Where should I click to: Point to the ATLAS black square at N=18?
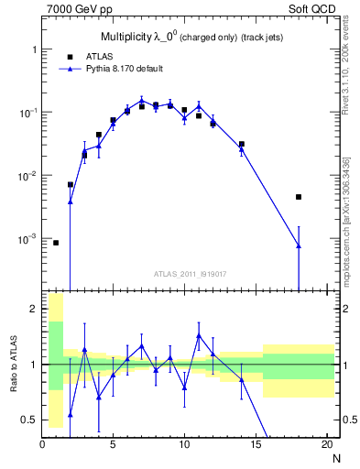click(299, 197)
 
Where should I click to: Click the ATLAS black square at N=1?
click(56, 243)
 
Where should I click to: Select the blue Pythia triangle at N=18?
click(299, 245)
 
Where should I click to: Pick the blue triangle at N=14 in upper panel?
click(242, 147)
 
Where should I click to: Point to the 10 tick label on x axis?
click(184, 446)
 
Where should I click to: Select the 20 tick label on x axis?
click(326, 446)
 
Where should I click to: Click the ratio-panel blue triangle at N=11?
click(199, 336)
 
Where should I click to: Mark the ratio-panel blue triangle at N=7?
click(142, 346)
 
